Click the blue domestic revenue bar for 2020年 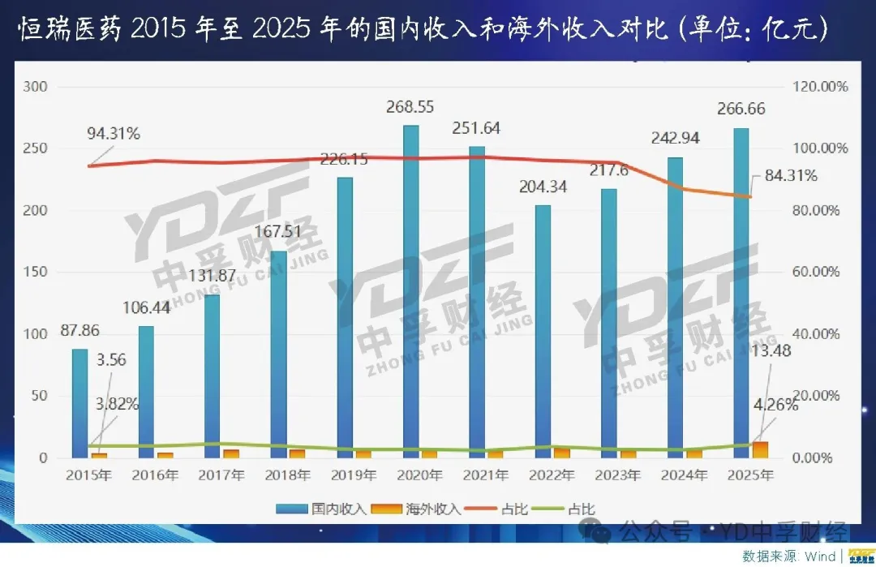(411, 291)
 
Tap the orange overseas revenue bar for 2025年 (760, 449)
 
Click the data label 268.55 (411, 107)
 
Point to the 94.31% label (114, 134)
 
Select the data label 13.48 (775, 350)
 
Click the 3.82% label (112, 403)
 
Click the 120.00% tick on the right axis (819, 87)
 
